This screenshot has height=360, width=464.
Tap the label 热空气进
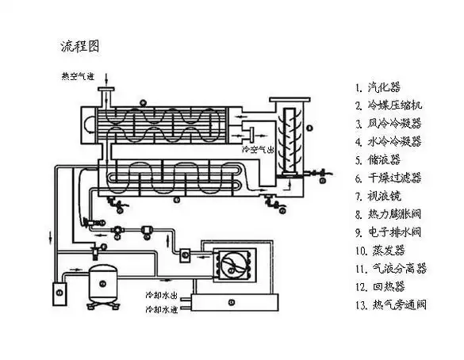pos(79,77)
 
